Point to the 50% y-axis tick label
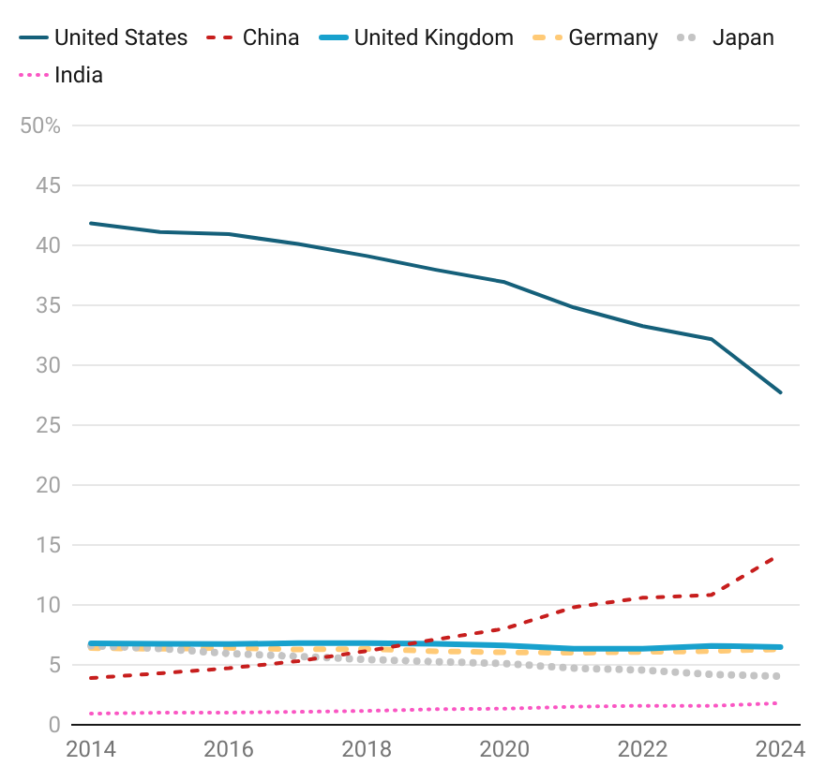pos(40,125)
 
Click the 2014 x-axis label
pos(91,749)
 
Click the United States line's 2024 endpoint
pos(781,392)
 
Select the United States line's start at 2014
pos(90,223)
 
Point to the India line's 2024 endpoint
pos(776,703)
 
